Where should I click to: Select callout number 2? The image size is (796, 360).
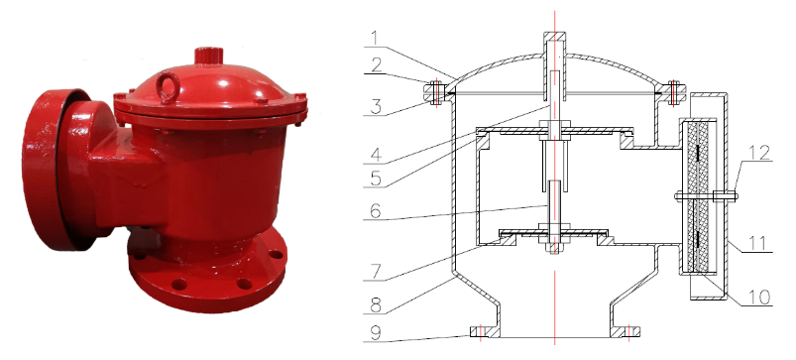click(x=375, y=65)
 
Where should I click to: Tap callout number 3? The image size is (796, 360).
click(x=376, y=107)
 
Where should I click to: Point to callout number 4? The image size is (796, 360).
click(x=376, y=155)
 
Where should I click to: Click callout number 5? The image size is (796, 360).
click(x=376, y=179)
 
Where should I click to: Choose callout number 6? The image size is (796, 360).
click(x=376, y=210)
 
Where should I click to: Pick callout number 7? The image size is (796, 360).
click(x=376, y=272)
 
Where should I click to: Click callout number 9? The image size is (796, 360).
click(x=376, y=332)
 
